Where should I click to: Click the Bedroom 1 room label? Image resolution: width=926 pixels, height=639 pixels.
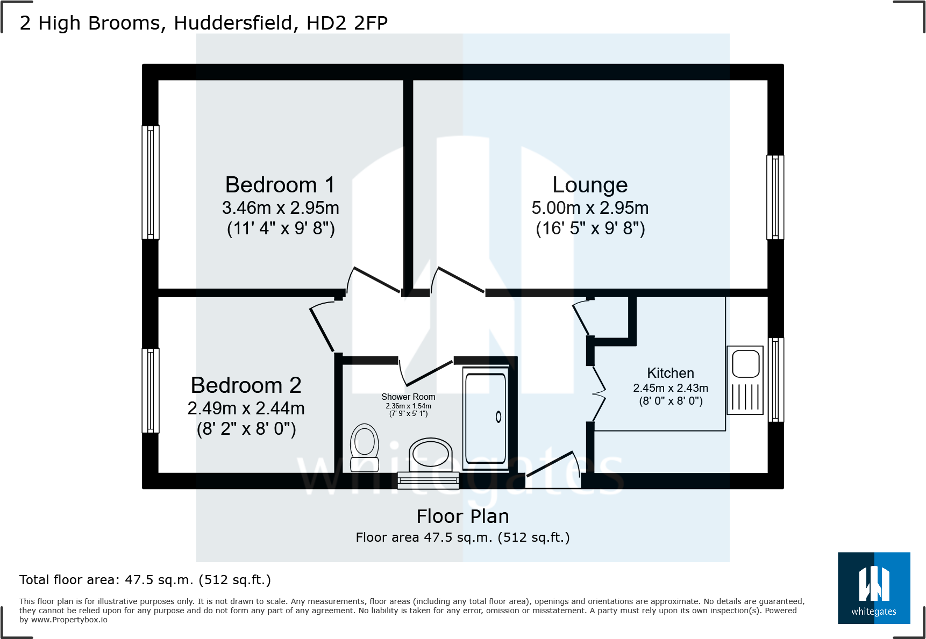[x=280, y=185]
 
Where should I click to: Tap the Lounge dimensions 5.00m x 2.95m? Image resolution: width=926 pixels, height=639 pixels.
[x=590, y=208]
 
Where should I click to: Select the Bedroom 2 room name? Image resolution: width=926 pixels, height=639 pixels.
[x=246, y=385]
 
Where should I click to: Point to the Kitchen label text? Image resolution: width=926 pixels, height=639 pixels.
[x=670, y=373]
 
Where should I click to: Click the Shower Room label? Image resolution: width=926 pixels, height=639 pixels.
[x=408, y=397]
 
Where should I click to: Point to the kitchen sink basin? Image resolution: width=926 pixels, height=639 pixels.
[x=745, y=363]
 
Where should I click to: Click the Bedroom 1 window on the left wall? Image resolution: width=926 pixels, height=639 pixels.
[x=151, y=182]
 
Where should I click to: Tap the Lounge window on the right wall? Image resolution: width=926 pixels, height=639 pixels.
[x=775, y=197]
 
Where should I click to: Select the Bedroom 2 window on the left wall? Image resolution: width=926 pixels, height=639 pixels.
[x=151, y=391]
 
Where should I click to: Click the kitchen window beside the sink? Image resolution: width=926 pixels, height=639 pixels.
[x=775, y=379]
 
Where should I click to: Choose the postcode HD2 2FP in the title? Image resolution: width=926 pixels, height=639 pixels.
[x=347, y=23]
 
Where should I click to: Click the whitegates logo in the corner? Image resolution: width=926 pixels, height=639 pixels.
[x=873, y=587]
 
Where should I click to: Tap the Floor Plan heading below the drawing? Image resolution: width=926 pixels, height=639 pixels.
[x=462, y=516]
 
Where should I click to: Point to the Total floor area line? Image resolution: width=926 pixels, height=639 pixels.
[x=145, y=580]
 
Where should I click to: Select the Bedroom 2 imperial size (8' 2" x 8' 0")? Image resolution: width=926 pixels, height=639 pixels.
[x=246, y=429]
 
